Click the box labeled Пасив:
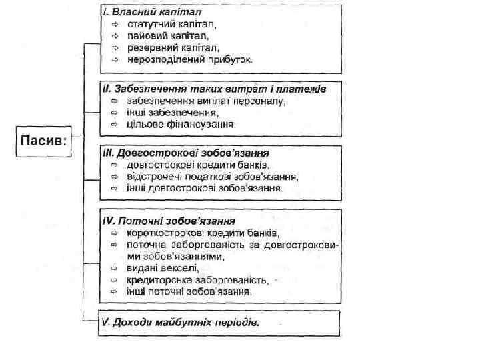(x=44, y=141)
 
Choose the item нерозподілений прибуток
(x=190, y=59)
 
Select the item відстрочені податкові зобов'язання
(x=213, y=177)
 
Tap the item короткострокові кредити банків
(x=203, y=233)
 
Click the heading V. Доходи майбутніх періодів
(x=180, y=322)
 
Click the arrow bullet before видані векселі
(x=115, y=268)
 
